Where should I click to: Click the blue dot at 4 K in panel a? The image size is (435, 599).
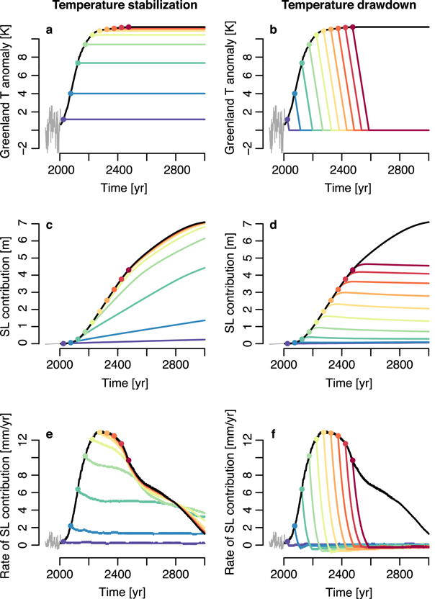point(71,94)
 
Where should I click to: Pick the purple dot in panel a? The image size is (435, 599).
point(63,120)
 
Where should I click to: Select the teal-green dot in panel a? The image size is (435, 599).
point(78,63)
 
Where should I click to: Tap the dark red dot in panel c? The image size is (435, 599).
point(128,270)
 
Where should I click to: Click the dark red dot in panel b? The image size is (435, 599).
point(354,27)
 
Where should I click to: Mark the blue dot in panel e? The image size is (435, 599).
point(70,526)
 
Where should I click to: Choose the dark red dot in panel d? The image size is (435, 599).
point(353,270)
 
